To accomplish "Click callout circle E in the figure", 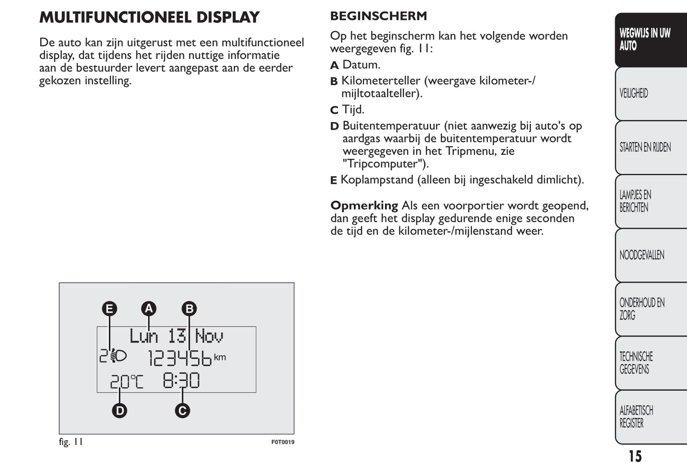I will click(x=109, y=309).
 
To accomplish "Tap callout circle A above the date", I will click(x=149, y=309).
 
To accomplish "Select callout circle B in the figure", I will click(x=189, y=309).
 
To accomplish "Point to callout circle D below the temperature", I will click(x=119, y=410).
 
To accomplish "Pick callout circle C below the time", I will click(x=182, y=410).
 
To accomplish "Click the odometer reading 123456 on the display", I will click(x=180, y=359).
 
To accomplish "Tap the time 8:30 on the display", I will click(x=181, y=380).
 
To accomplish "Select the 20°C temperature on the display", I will click(x=126, y=381).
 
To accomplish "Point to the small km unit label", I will click(x=220, y=357).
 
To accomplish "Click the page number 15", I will click(x=635, y=456).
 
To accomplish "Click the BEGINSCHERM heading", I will click(x=378, y=16).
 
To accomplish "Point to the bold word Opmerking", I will click(x=364, y=206).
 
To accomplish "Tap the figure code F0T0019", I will click(x=283, y=442).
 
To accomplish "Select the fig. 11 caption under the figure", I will click(x=71, y=442).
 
